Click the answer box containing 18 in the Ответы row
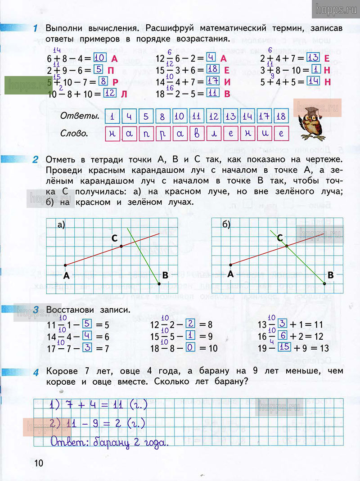pyautogui.click(x=281, y=117)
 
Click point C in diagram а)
pyautogui.click(x=121, y=246)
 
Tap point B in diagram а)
pyautogui.click(x=159, y=283)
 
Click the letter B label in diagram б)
pyautogui.click(x=331, y=274)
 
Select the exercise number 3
pyautogui.click(x=36, y=310)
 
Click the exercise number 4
pyautogui.click(x=36, y=372)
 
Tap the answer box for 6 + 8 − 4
pyautogui.click(x=100, y=58)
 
